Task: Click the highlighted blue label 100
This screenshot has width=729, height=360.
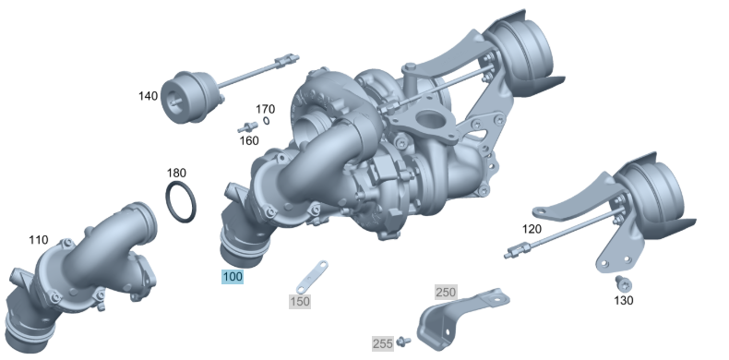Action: [x=231, y=276]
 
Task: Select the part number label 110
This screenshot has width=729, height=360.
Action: [x=38, y=240]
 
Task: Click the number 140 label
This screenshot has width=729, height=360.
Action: [x=148, y=95]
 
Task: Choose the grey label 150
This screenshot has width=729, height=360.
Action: [x=300, y=301]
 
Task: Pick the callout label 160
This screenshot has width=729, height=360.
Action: [x=249, y=140]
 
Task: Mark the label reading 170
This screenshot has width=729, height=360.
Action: [x=265, y=108]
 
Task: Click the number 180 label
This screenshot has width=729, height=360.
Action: [x=176, y=173]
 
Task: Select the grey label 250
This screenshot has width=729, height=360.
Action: [x=446, y=292]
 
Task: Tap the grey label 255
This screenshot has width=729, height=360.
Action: [x=383, y=343]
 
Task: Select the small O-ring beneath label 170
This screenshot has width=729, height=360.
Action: [x=266, y=120]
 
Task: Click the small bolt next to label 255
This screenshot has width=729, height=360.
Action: [x=402, y=342]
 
